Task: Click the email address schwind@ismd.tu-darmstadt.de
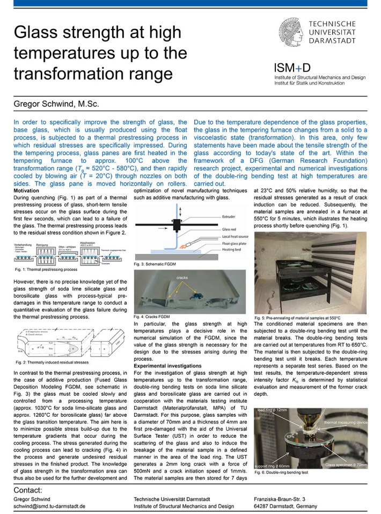(49, 506)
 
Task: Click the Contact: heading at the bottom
(27, 490)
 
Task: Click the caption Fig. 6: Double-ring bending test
(281, 472)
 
